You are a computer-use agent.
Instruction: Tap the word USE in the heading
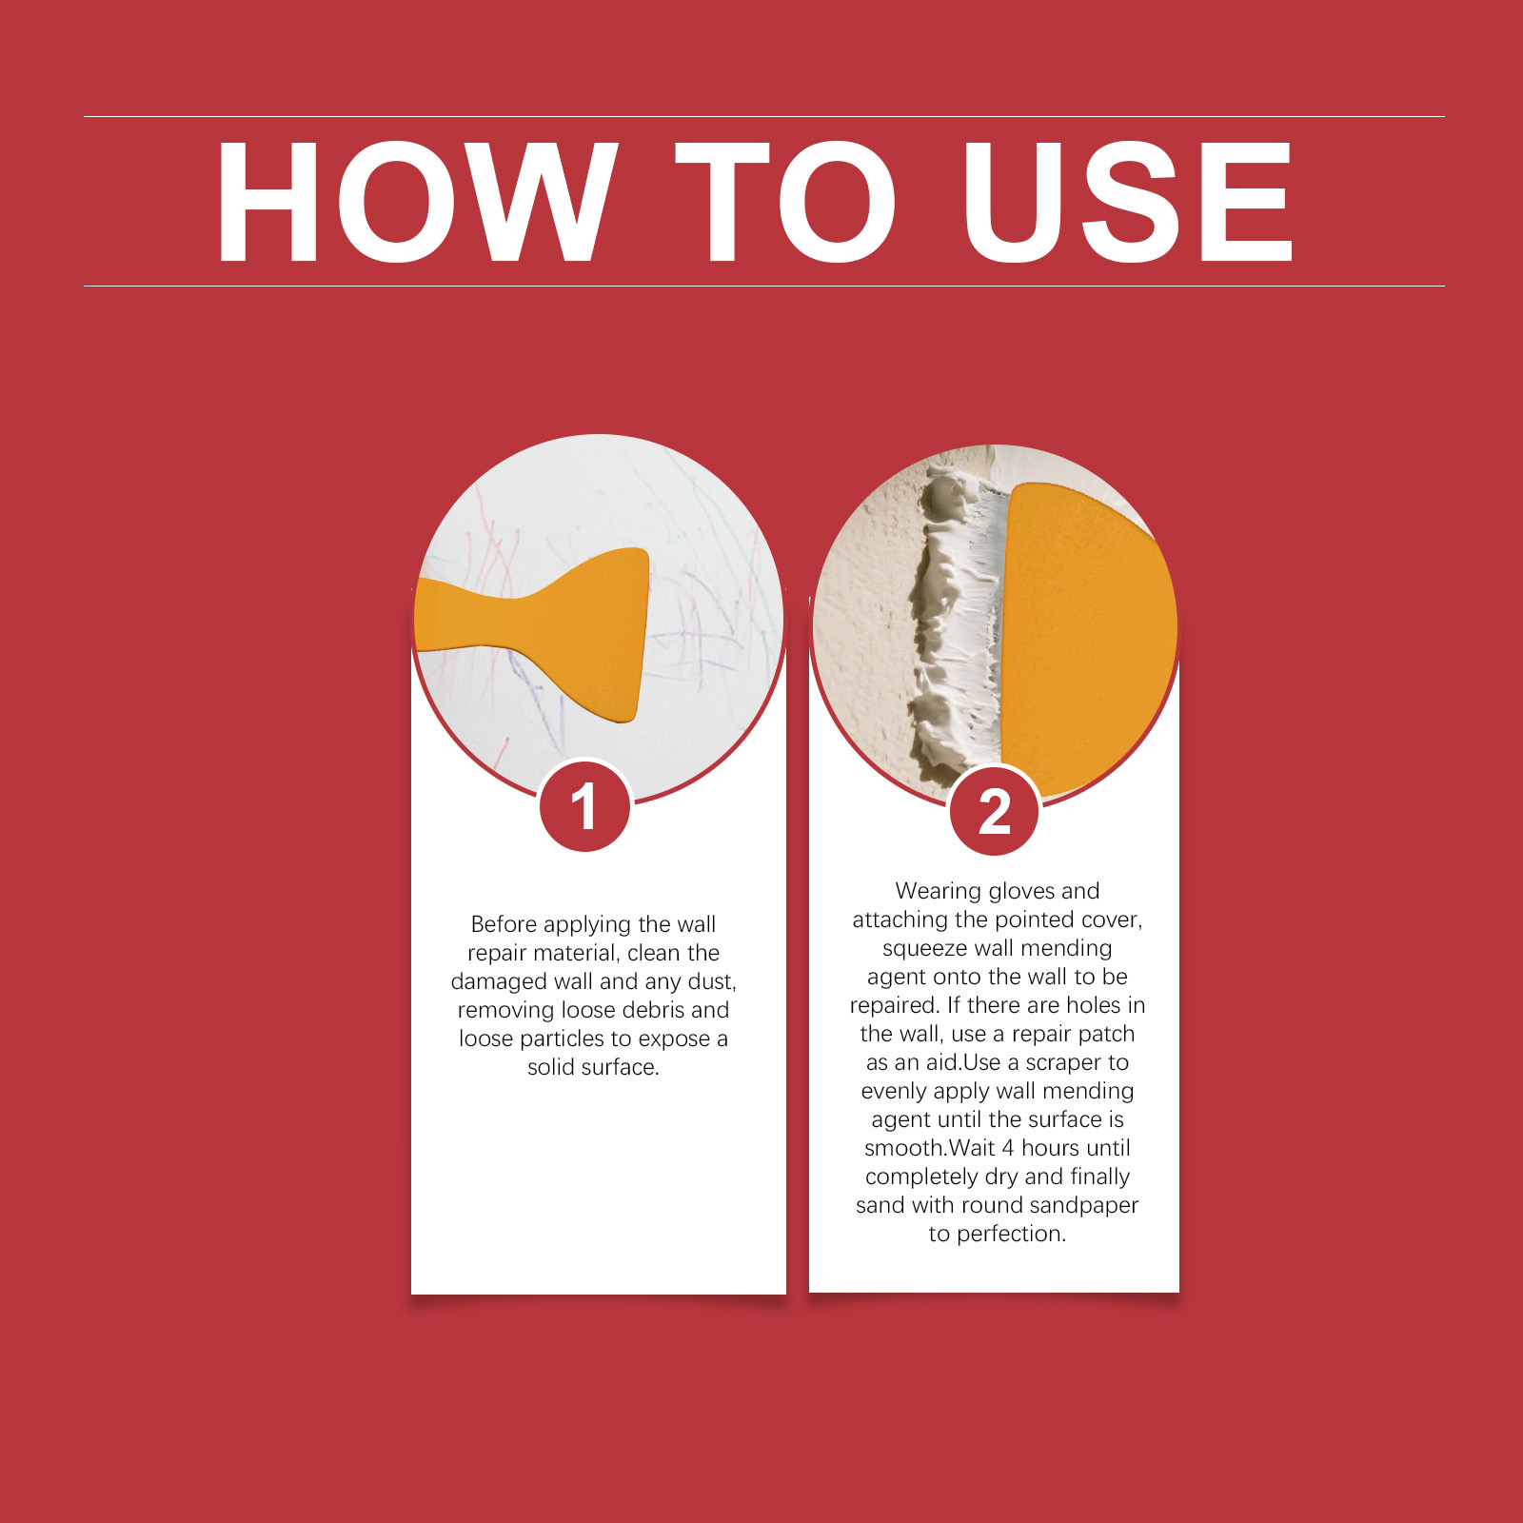click(1127, 201)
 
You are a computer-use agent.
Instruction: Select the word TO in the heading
click(786, 201)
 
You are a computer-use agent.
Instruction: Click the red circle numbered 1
click(584, 806)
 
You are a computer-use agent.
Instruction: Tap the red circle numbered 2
click(995, 812)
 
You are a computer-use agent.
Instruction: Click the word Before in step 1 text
click(504, 924)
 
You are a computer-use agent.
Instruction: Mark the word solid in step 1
click(551, 1067)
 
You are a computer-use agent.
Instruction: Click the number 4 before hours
click(1008, 1148)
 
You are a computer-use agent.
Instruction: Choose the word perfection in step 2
click(1011, 1235)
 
